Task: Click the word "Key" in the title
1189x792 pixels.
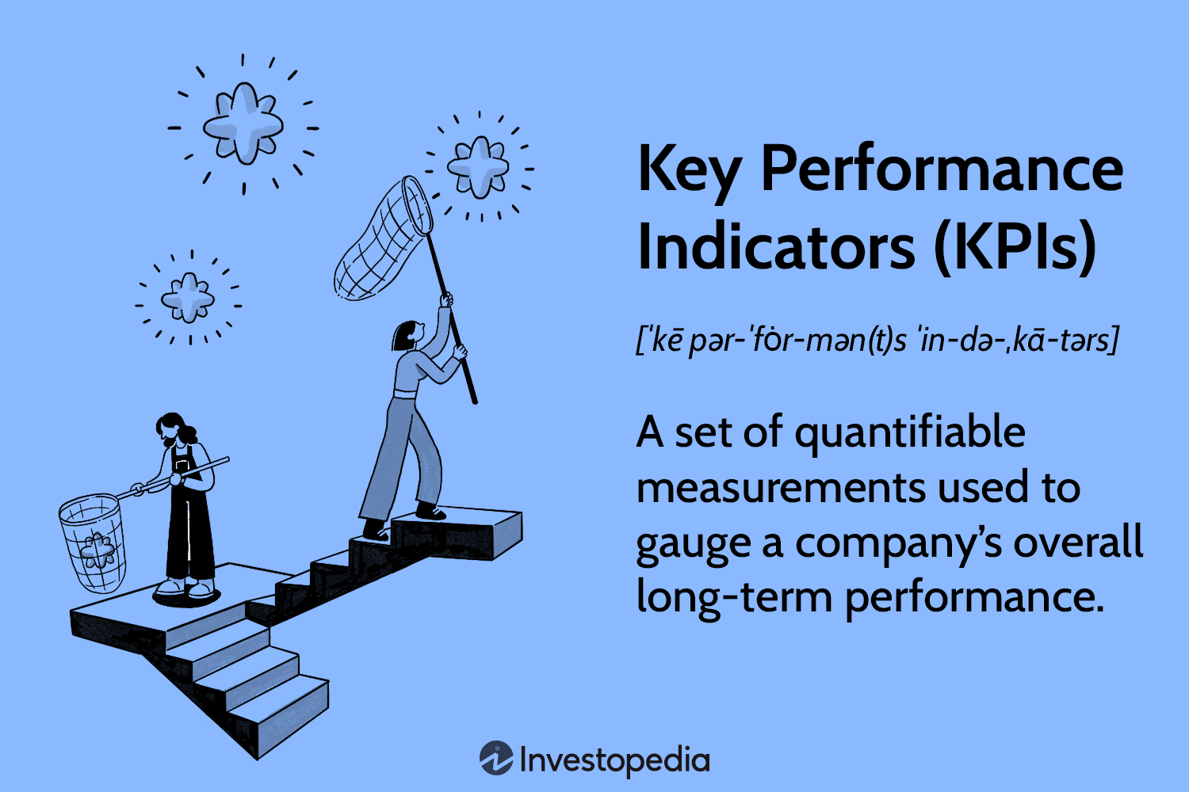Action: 688,169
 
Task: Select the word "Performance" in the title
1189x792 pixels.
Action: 941,169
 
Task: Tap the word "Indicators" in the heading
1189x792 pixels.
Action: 775,247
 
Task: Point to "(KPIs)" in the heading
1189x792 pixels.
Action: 1015,247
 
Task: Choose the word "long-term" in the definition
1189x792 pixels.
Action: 732,597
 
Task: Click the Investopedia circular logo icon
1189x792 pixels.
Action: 496,759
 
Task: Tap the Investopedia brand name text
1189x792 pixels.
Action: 614,760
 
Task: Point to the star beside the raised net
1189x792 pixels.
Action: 477,166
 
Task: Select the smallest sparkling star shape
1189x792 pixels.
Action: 188,297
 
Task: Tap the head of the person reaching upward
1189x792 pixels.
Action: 407,335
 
